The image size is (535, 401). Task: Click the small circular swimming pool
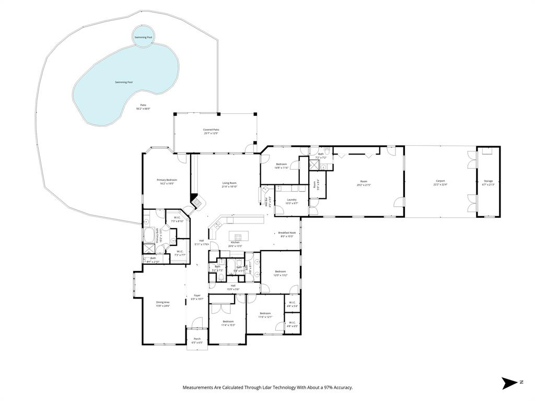click(x=143, y=37)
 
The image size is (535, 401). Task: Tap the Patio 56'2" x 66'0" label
click(x=143, y=107)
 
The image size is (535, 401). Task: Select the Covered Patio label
click(x=211, y=131)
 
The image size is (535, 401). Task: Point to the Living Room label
click(x=229, y=184)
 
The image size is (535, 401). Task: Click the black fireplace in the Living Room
click(x=195, y=199)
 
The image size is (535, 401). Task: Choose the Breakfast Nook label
click(x=287, y=234)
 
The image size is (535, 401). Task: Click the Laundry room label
click(x=292, y=201)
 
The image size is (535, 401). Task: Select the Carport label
click(x=440, y=183)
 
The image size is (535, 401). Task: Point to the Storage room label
click(x=488, y=183)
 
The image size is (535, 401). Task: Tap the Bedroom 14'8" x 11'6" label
click(x=282, y=166)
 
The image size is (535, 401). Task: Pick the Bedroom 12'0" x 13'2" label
click(x=281, y=273)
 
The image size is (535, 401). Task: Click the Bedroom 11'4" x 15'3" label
click(x=228, y=323)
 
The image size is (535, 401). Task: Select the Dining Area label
click(x=162, y=303)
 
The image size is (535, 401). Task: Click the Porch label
click(x=197, y=340)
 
